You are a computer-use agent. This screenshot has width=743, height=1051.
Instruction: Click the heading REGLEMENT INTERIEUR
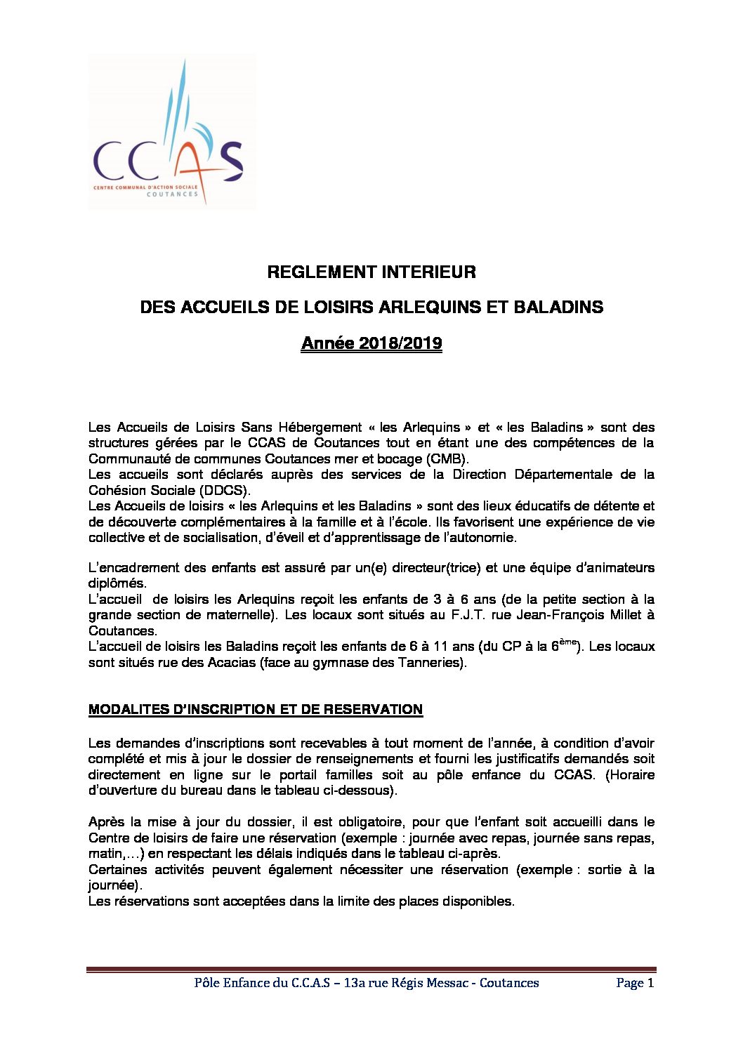coord(371,272)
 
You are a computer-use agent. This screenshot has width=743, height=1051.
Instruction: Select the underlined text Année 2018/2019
coord(371,343)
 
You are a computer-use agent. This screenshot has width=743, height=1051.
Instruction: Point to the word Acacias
coord(230,662)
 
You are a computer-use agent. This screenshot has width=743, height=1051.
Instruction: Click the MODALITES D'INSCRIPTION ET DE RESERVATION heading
coord(256,709)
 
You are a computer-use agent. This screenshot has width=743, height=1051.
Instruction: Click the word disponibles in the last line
coord(478,901)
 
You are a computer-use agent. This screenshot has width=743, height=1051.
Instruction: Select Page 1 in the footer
coord(635,983)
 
